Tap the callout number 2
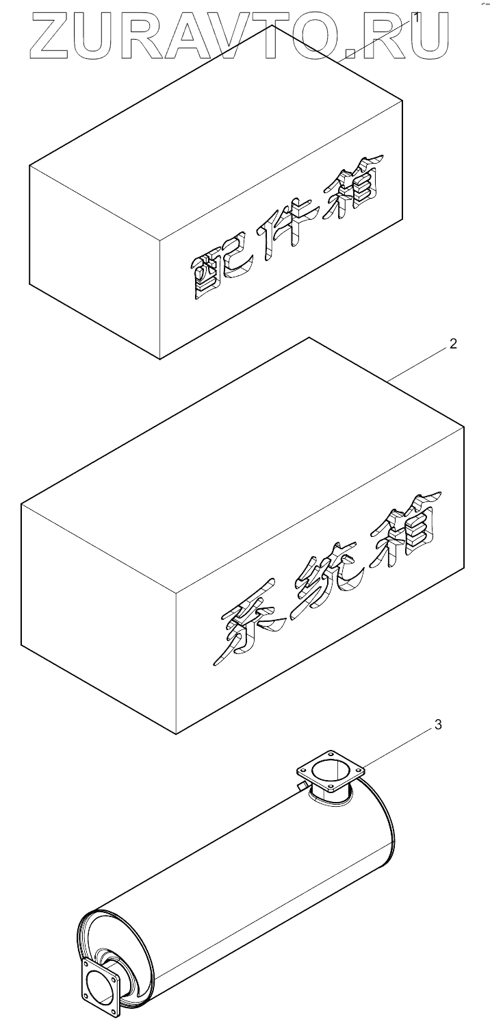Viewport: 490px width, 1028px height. click(x=452, y=344)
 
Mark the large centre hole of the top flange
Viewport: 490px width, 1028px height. click(x=327, y=780)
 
